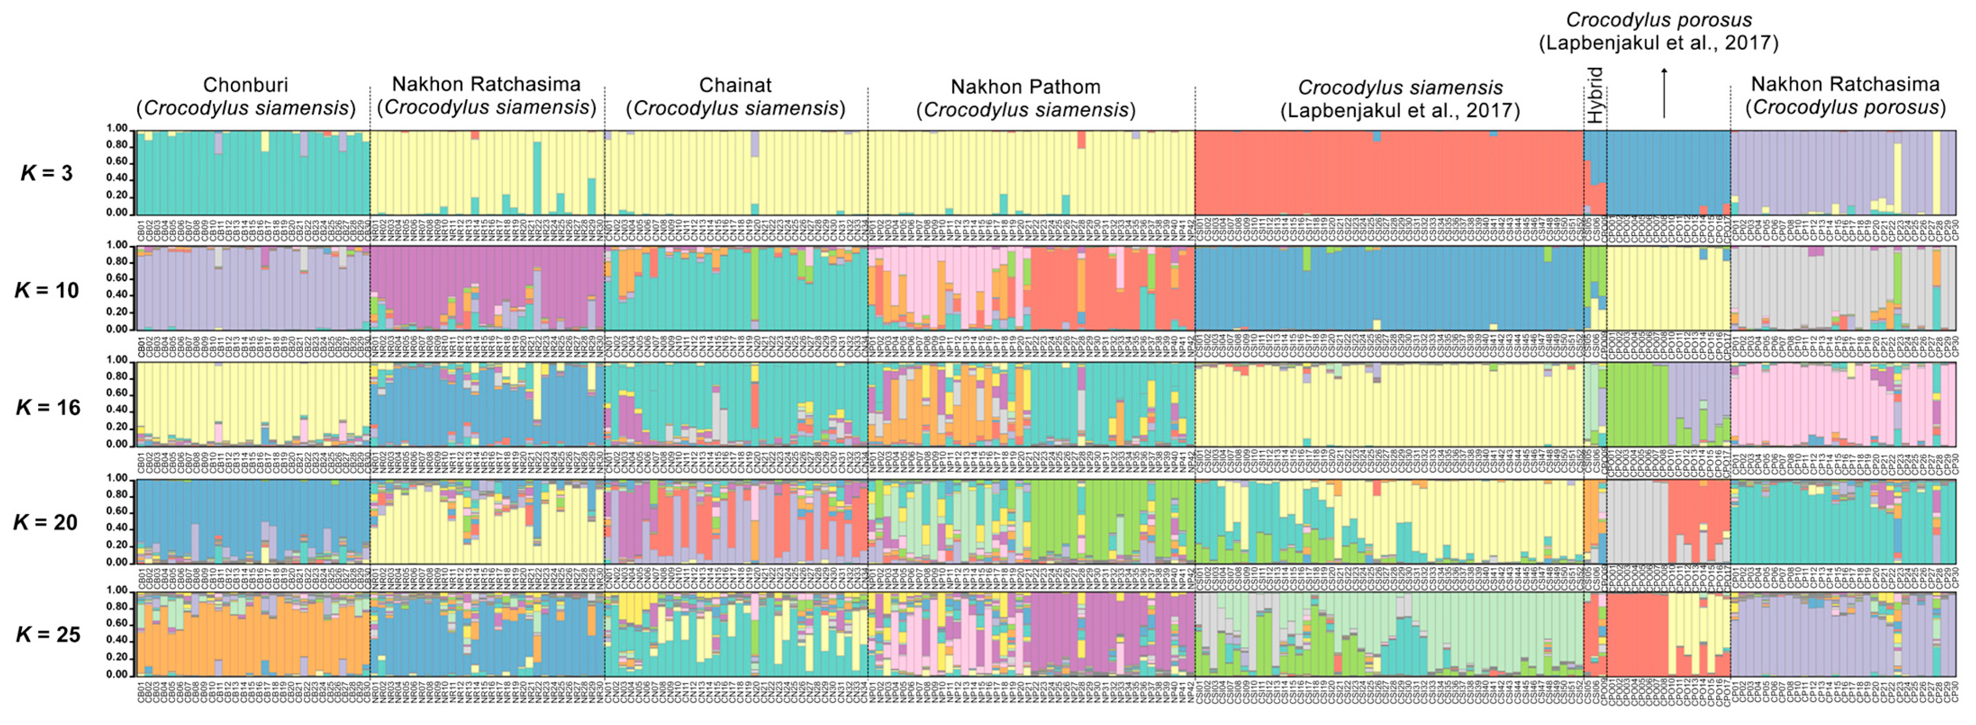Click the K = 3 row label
coord(46,173)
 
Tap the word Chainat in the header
coord(735,85)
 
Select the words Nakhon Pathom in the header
coord(1026,87)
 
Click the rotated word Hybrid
coord(1595,96)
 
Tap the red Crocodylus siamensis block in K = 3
coord(1388,173)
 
